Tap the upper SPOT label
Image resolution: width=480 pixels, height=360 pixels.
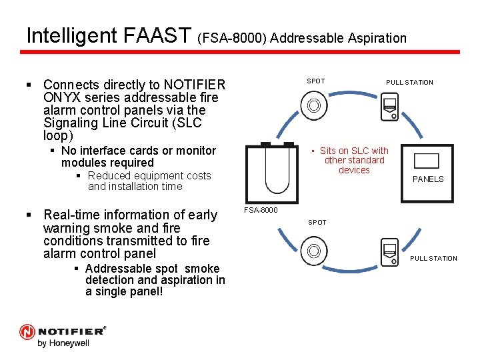tap(316, 81)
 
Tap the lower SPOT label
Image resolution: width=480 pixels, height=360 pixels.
tap(317, 223)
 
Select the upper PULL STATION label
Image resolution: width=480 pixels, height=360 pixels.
tap(409, 83)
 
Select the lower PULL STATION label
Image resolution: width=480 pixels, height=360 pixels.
tap(433, 259)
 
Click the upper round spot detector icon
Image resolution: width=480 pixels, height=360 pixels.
tap(313, 105)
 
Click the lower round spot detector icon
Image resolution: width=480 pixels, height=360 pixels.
tap(313, 251)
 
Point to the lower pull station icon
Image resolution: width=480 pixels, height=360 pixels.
tap(389, 252)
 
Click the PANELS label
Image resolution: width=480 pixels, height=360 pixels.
tap(428, 179)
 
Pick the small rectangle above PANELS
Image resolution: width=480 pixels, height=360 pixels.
tap(427, 161)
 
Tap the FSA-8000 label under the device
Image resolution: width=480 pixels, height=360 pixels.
tap(260, 210)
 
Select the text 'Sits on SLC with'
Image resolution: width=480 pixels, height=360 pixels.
tap(354, 151)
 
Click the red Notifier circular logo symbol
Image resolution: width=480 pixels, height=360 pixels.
tap(27, 331)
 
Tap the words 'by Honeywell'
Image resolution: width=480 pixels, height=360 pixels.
tap(63, 343)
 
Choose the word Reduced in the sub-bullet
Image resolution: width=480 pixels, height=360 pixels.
tap(109, 176)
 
